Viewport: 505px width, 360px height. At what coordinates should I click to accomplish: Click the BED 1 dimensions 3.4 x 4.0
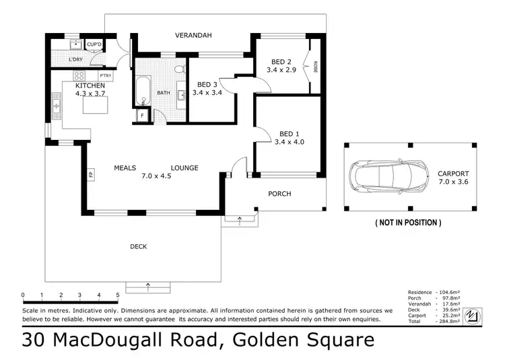coord(290,142)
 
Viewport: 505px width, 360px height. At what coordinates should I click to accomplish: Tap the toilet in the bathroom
coord(178,69)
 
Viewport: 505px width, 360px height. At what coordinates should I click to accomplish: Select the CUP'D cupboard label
coord(94,45)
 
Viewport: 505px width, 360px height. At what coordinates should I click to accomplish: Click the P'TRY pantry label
coord(105,75)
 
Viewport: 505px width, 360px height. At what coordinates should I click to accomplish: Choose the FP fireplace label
coord(90,176)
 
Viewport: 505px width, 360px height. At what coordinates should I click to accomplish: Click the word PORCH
coord(279,194)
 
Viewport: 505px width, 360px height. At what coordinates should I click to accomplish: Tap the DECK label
coord(138,247)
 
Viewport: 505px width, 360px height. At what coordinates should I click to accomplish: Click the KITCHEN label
coord(90,86)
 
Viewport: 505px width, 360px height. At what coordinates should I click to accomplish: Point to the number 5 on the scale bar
coord(118,295)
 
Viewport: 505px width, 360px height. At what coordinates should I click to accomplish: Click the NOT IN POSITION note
coord(408,222)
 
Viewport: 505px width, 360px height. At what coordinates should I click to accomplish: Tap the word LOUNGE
coord(184,168)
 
